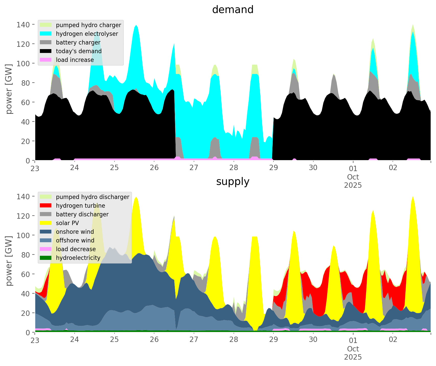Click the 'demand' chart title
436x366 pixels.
(x=233, y=10)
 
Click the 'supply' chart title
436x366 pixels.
(x=233, y=182)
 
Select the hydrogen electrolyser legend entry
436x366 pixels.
(x=87, y=34)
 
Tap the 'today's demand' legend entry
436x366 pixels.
(x=79, y=51)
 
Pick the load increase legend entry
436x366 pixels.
(x=75, y=60)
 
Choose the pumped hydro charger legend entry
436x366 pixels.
(x=88, y=25)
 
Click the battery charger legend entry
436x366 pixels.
(x=78, y=42)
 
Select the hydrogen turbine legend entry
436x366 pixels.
(x=81, y=206)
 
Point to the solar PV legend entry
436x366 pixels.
(x=67, y=223)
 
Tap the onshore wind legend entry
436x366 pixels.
(x=75, y=232)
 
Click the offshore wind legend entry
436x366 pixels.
(x=75, y=240)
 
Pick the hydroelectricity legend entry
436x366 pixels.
(x=78, y=258)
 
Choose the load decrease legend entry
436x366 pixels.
(x=76, y=249)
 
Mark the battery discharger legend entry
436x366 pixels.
(x=82, y=214)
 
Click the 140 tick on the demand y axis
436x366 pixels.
(x=23, y=25)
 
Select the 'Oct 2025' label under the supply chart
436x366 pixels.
(x=353, y=353)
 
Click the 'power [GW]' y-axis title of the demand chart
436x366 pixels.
(x=9, y=89)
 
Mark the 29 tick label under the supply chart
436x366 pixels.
(x=273, y=340)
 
